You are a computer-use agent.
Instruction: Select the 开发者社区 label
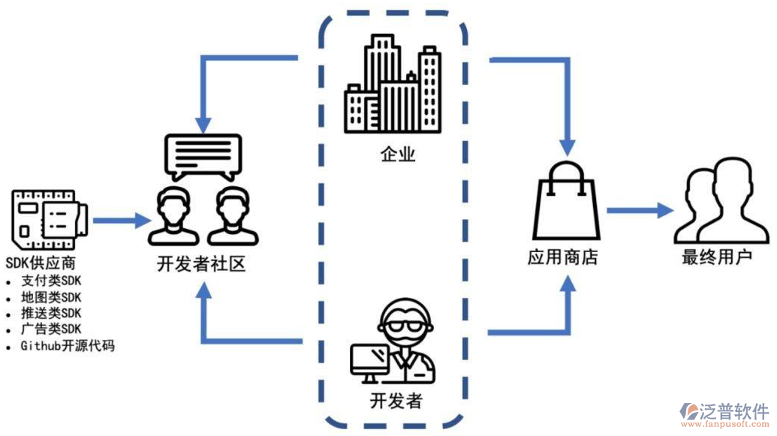click(200, 264)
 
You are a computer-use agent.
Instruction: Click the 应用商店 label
click(562, 257)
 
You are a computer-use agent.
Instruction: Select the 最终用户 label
click(716, 257)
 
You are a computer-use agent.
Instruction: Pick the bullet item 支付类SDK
click(51, 281)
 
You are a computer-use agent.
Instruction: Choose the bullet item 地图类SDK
click(51, 297)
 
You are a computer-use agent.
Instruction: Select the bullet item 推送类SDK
click(51, 314)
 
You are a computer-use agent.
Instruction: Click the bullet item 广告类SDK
click(51, 329)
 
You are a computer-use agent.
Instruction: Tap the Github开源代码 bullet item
click(68, 346)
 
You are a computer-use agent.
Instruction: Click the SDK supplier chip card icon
click(49, 220)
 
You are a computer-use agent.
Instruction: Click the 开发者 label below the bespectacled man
click(396, 401)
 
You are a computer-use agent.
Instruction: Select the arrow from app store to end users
click(639, 211)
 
